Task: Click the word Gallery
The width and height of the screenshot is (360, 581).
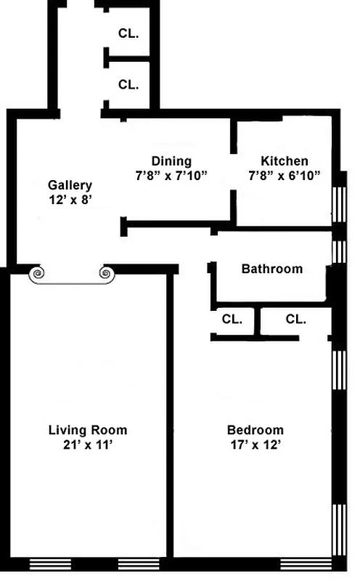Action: (x=70, y=184)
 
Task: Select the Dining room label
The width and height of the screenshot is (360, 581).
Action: (x=171, y=161)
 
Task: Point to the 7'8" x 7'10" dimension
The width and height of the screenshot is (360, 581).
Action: (x=171, y=175)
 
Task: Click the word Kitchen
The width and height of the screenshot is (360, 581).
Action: (x=285, y=161)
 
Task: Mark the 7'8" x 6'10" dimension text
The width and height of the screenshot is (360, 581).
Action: (x=285, y=175)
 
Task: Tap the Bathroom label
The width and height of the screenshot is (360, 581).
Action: (x=271, y=269)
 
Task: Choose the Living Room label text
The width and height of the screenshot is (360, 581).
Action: (x=87, y=430)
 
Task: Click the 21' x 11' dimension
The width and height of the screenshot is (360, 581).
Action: (x=87, y=444)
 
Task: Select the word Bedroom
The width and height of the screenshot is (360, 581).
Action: (x=255, y=429)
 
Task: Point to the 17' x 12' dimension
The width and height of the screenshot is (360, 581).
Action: (x=255, y=444)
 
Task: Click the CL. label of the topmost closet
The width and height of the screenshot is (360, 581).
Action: (x=128, y=33)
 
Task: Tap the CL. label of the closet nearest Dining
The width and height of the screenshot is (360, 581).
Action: (x=128, y=84)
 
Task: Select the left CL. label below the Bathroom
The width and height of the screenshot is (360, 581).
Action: (x=232, y=319)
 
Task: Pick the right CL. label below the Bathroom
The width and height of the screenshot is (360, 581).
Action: (x=295, y=319)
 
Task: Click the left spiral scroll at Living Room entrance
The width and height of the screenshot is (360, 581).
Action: (x=37, y=274)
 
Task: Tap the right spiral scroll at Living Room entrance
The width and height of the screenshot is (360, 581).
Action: (x=106, y=274)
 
